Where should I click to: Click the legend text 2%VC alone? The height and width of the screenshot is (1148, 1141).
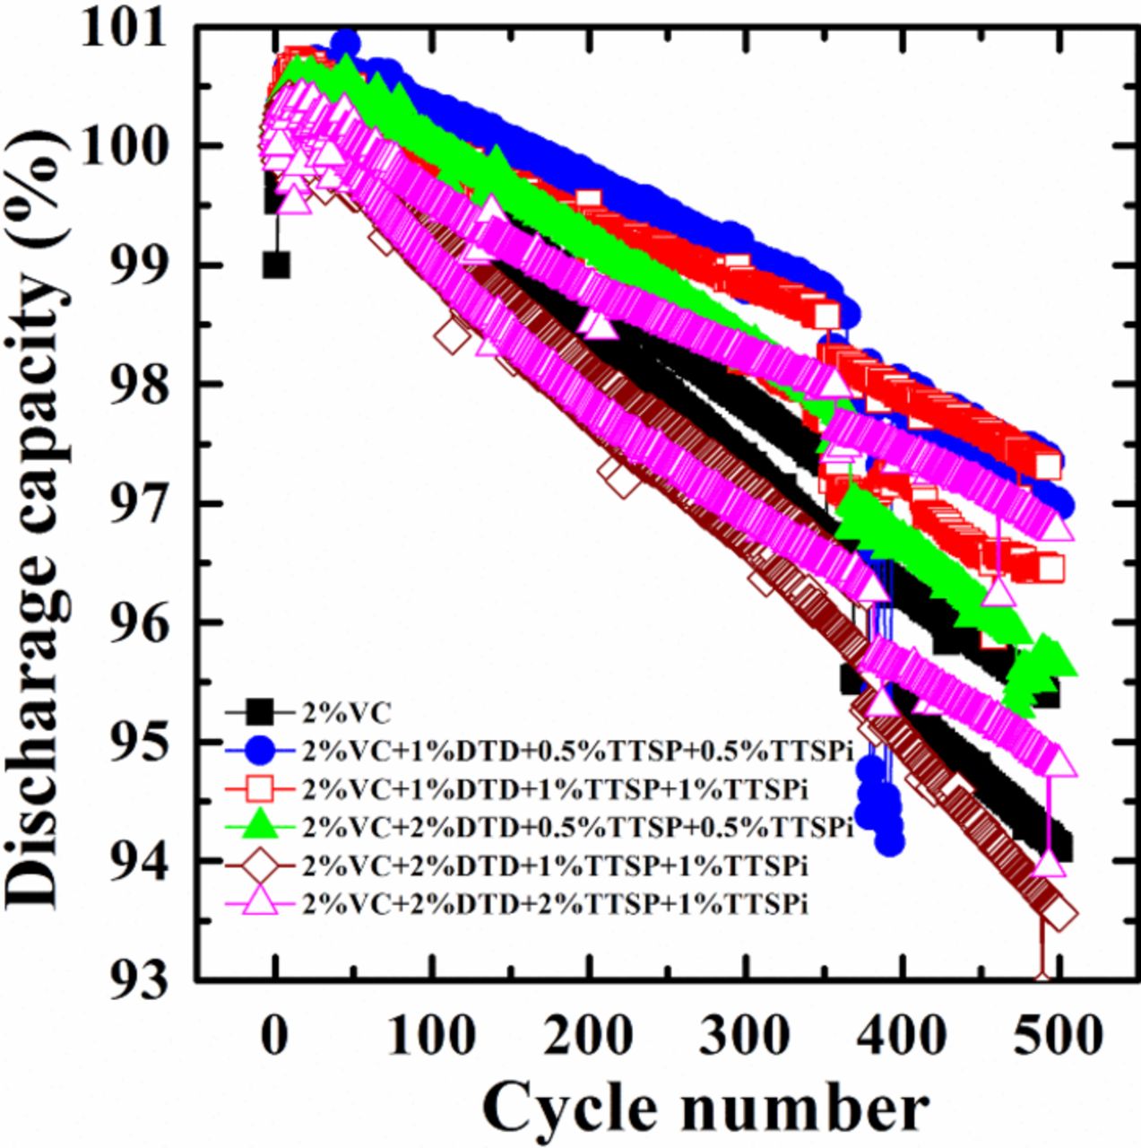347,714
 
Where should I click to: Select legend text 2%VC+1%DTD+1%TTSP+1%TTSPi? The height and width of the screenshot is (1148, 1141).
556,789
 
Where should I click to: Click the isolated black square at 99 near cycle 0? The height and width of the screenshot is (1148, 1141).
276,265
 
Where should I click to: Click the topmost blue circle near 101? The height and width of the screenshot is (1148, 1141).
346,42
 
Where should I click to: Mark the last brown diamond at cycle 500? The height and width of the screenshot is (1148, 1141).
1060,916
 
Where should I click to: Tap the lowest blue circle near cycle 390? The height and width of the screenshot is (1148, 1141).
890,842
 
